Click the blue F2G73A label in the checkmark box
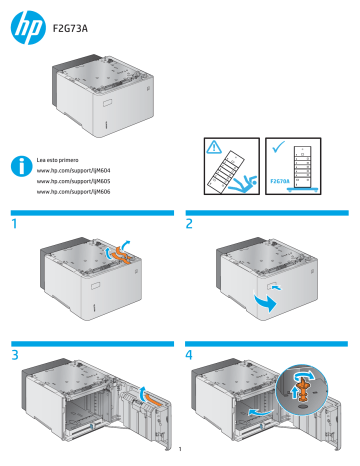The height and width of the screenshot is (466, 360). click(x=281, y=181)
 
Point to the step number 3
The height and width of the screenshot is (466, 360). click(x=15, y=354)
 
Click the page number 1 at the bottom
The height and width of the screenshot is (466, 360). click(x=180, y=458)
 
